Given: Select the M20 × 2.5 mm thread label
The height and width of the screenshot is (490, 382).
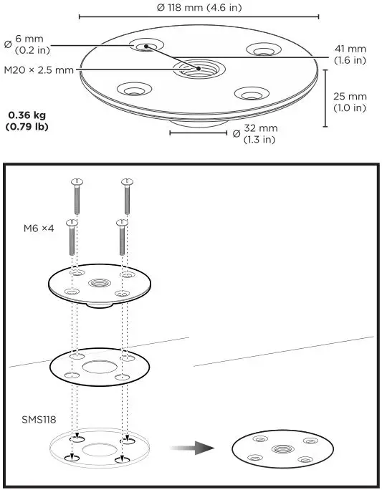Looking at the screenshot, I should click(x=39, y=69).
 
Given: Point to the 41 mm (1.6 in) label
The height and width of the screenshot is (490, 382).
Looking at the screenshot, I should click(x=350, y=54).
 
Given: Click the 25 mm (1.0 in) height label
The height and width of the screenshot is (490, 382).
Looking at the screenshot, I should click(x=350, y=102).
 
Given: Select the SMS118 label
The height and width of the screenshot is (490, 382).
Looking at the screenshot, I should click(x=37, y=417).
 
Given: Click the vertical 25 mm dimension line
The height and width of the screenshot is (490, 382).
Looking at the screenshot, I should click(x=325, y=97).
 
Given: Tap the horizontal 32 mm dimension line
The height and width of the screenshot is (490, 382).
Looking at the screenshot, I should click(x=194, y=132).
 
